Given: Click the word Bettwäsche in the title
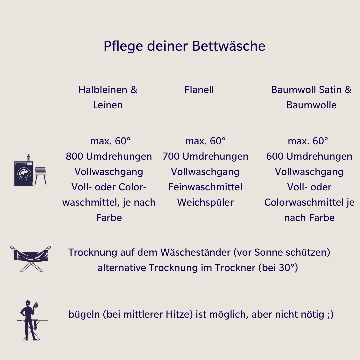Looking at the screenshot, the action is (229, 46).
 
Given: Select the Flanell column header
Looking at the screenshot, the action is (199, 90).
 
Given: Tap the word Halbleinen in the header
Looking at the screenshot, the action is (103, 90).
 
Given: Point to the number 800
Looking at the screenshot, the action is (74, 156).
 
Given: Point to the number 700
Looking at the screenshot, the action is (171, 156).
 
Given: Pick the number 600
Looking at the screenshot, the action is (275, 156).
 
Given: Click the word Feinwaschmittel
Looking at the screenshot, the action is (205, 187).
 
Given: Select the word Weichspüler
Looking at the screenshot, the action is (205, 203).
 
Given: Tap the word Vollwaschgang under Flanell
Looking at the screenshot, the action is (205, 172).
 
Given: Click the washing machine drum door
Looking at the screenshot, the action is (24, 174).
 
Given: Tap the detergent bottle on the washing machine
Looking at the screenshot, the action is (28, 158).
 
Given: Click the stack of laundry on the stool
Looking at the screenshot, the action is (40, 170).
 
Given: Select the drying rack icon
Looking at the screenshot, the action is (30, 259).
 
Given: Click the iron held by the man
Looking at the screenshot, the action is (36, 304).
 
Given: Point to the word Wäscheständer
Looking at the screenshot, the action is (195, 252).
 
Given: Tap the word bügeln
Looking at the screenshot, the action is (84, 315).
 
